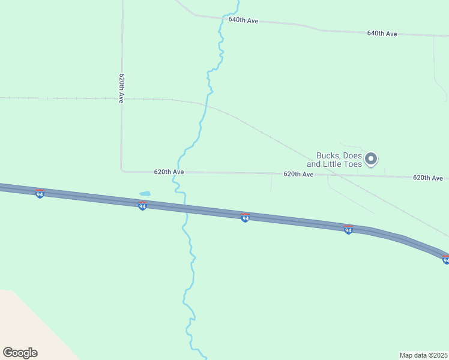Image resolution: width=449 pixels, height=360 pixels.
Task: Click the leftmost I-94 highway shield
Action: pyautogui.click(x=40, y=194)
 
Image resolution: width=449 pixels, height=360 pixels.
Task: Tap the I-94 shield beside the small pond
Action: pyautogui.click(x=142, y=206)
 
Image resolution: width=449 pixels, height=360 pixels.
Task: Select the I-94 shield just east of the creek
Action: pyautogui.click(x=245, y=218)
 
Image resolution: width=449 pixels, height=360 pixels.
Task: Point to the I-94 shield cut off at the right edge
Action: pyautogui.click(x=445, y=259)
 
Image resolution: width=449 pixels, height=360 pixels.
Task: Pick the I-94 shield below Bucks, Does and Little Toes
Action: pyautogui.click(x=348, y=230)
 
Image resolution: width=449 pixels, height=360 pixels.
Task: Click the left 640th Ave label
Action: pyautogui.click(x=243, y=20)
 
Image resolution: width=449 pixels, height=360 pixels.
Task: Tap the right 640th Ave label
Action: pyautogui.click(x=382, y=34)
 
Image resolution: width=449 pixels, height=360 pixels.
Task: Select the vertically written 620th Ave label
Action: pyautogui.click(x=121, y=89)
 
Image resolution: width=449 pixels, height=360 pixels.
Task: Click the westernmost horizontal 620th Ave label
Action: pyautogui.click(x=169, y=172)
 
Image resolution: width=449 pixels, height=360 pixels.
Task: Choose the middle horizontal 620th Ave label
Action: pyautogui.click(x=298, y=174)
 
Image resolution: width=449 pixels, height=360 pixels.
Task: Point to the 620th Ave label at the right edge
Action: pyautogui.click(x=427, y=178)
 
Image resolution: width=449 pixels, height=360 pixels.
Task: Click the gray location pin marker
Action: pyautogui.click(x=372, y=159)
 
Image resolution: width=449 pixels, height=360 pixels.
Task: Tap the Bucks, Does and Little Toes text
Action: pyautogui.click(x=334, y=160)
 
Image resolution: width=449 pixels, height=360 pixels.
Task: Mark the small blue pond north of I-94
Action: pyautogui.click(x=145, y=194)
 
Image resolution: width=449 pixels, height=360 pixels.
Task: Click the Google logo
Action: pyautogui.click(x=20, y=353)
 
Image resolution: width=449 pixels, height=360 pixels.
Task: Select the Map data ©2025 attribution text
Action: pyautogui.click(x=423, y=355)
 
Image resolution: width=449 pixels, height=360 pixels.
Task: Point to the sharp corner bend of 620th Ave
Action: pyautogui.click(x=122, y=171)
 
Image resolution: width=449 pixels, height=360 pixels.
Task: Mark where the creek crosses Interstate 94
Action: pyautogui.click(x=184, y=210)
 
